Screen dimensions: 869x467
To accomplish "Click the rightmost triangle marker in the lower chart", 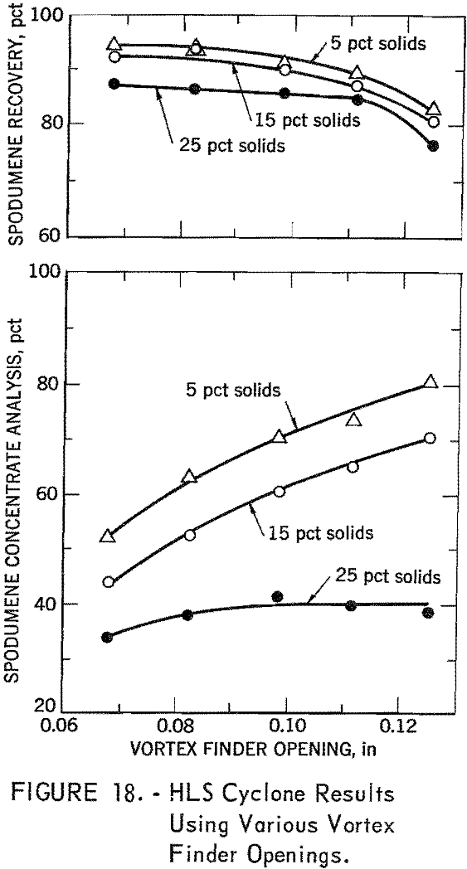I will [431, 381].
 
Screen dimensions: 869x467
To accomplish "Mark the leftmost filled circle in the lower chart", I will [107, 637].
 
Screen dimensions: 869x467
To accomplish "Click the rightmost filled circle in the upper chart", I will [432, 146].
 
